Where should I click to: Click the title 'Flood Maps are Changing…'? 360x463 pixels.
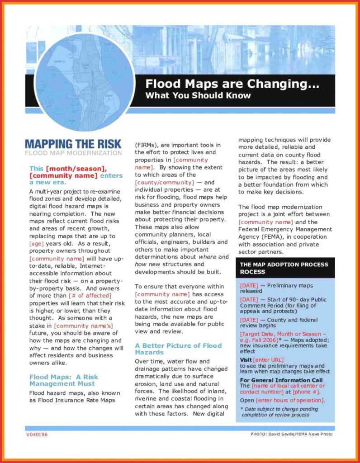(232, 84)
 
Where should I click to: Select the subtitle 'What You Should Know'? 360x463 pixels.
(198, 95)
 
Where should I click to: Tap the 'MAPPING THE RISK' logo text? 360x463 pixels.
(73, 144)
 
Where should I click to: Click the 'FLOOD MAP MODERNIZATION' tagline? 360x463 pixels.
(73, 153)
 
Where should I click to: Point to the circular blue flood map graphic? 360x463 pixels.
(85, 82)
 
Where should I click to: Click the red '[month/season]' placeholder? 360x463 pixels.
(76, 168)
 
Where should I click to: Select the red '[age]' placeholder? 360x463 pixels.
(36, 243)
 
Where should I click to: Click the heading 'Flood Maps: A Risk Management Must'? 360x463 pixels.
(63, 380)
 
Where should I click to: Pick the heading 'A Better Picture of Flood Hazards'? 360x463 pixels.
(178, 349)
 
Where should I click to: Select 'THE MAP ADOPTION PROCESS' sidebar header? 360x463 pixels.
(284, 265)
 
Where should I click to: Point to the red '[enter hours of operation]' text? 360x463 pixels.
(290, 401)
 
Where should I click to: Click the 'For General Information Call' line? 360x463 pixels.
(281, 380)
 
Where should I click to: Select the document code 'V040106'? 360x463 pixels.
(37, 435)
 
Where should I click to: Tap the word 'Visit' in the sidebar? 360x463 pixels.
(246, 359)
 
